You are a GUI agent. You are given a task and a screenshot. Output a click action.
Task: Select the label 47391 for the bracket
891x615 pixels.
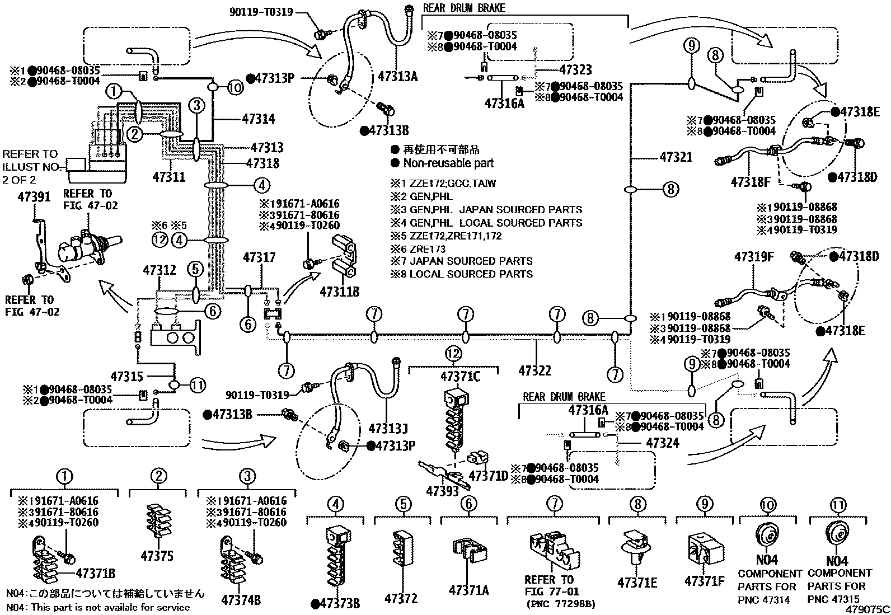pyautogui.click(x=34, y=197)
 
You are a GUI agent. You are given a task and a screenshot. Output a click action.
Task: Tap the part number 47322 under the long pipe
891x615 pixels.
pyautogui.click(x=534, y=370)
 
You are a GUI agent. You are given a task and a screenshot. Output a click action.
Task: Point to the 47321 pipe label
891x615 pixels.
pyautogui.click(x=676, y=157)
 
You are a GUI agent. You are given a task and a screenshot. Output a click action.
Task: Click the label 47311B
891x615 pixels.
pyautogui.click(x=340, y=292)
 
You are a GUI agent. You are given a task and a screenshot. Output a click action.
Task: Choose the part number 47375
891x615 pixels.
pyautogui.click(x=157, y=556)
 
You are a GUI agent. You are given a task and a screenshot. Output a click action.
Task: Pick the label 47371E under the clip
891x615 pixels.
pyautogui.click(x=637, y=583)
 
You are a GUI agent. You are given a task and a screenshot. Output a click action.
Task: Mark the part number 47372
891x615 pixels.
pyautogui.click(x=401, y=599)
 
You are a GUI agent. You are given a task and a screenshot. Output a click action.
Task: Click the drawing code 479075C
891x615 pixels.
pyautogui.click(x=867, y=609)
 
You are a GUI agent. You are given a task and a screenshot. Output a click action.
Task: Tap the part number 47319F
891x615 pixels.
pyautogui.click(x=754, y=257)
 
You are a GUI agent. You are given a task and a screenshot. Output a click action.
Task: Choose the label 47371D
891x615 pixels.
pyautogui.click(x=488, y=476)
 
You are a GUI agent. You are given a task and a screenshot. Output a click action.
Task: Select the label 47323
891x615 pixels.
pyautogui.click(x=575, y=70)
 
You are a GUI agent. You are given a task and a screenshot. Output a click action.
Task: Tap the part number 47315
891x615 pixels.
pyautogui.click(x=127, y=377)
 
